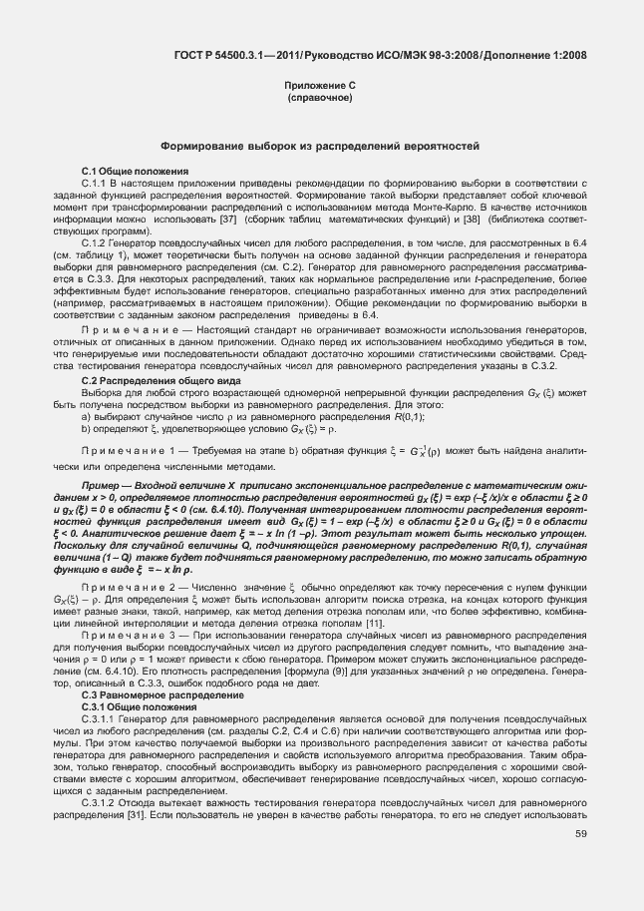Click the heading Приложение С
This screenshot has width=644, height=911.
[320, 87]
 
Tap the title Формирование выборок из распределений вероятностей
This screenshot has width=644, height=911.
[321, 146]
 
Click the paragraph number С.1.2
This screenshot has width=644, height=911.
[94, 243]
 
